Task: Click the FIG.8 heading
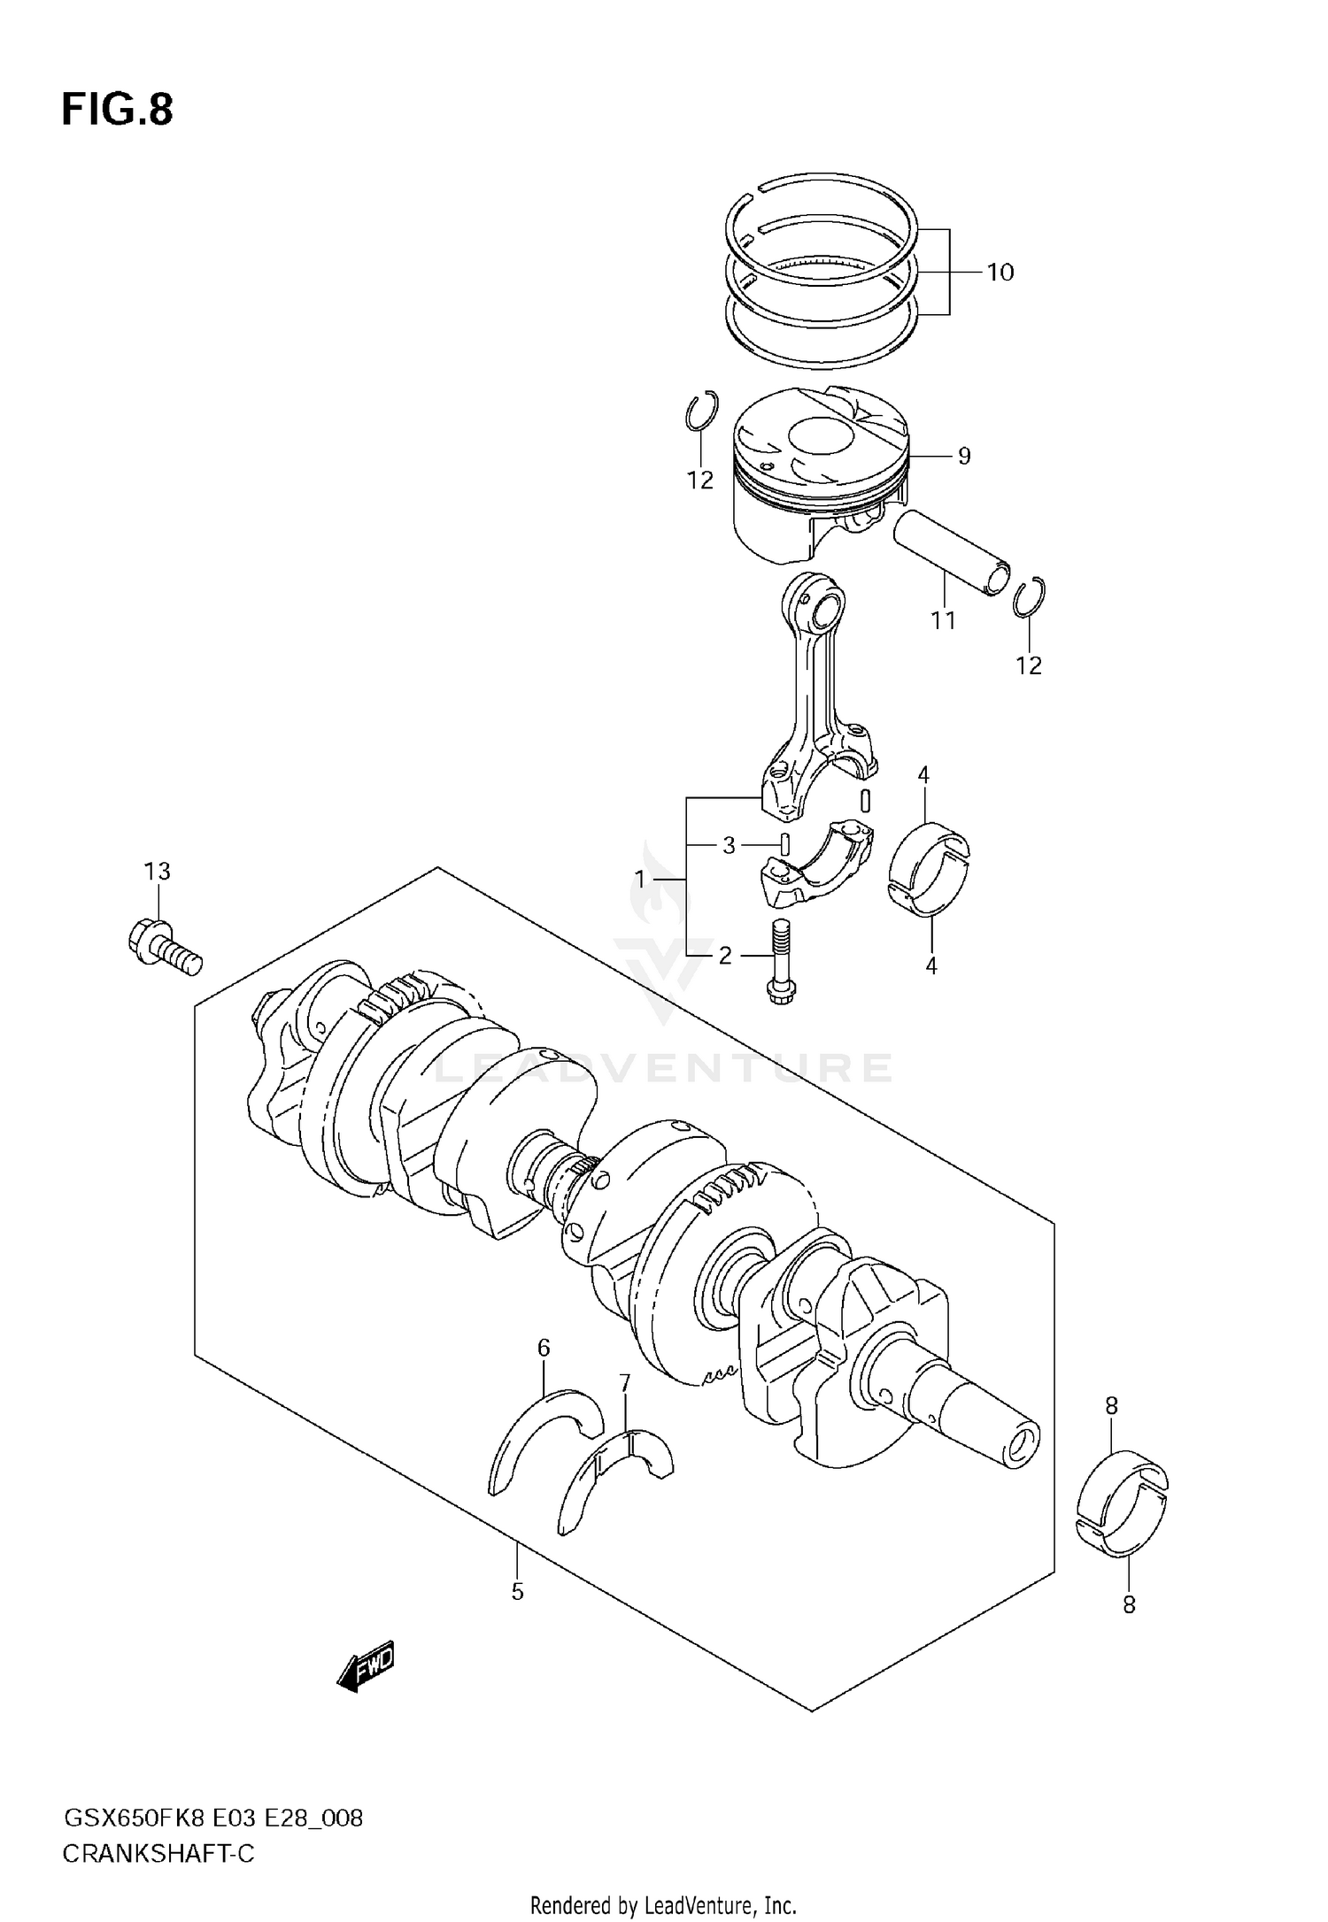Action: (x=117, y=111)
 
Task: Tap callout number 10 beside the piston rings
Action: (x=1000, y=273)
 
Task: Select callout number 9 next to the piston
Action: (x=964, y=456)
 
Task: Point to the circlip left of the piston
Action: (x=701, y=411)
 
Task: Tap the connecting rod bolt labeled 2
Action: (x=780, y=964)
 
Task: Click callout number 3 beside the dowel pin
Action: (x=729, y=846)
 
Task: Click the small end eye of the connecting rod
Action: (x=821, y=607)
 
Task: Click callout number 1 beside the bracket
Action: (x=640, y=879)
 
